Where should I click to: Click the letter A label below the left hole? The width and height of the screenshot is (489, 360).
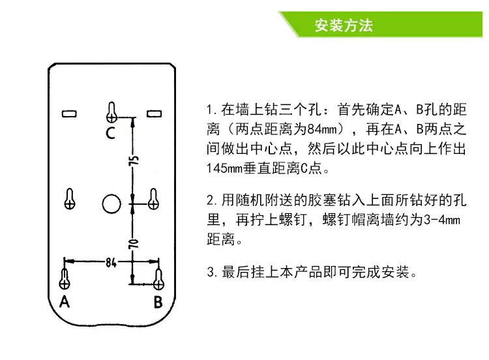coord(65,302)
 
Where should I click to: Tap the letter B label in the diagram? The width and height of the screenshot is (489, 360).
coord(158,302)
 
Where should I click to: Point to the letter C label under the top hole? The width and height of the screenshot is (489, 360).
coord(110,133)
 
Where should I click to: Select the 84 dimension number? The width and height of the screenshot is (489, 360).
coord(110,262)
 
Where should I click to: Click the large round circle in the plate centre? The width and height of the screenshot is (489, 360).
coord(111,204)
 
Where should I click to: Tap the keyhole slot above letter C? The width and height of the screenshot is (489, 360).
coord(111,112)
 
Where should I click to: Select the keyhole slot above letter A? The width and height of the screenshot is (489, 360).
coord(65,278)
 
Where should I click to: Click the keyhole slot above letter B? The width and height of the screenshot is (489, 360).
coord(158,279)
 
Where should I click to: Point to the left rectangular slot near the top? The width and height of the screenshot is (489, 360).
coord(69,113)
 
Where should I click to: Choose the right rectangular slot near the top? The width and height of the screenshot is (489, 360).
coord(154,113)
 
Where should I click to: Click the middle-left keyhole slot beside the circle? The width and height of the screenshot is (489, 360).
coord(70,199)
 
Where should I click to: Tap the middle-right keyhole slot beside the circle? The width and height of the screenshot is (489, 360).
coord(153,199)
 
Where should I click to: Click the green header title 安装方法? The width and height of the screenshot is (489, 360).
coord(344,25)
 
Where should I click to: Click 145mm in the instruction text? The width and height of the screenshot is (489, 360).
coord(224,168)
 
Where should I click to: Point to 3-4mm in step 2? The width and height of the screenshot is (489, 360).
coord(442,220)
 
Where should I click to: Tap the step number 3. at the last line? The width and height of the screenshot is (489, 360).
coord(212,272)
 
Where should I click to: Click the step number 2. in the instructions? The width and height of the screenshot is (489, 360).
coord(212,200)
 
